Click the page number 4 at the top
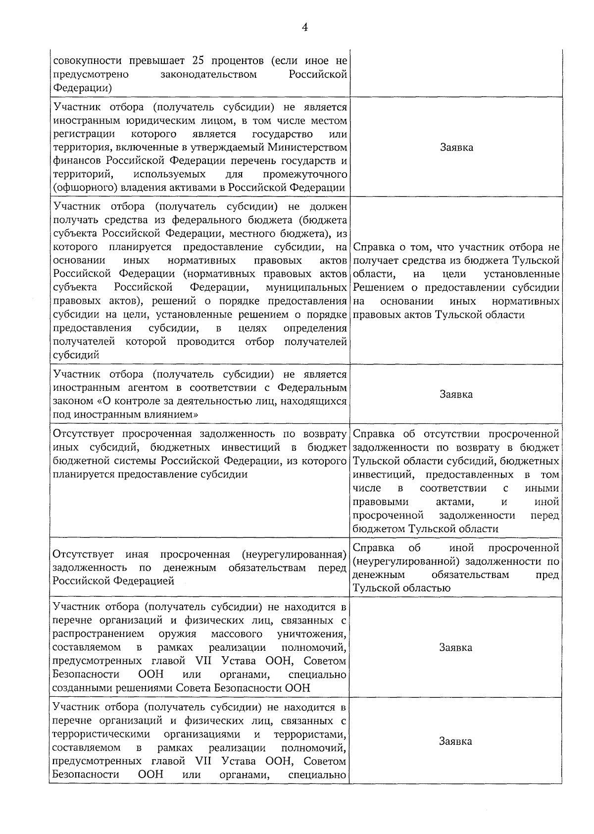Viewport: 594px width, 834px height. coord(305,28)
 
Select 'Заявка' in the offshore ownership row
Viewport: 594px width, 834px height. coord(456,147)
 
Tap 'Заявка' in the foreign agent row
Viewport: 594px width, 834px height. coord(456,394)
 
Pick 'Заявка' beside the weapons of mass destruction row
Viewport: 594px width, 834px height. coord(456,647)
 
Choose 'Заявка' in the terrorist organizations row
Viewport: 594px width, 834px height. coord(456,741)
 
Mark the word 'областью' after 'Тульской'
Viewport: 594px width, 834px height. coord(429,588)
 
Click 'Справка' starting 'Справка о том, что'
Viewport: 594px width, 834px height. coord(374,247)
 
